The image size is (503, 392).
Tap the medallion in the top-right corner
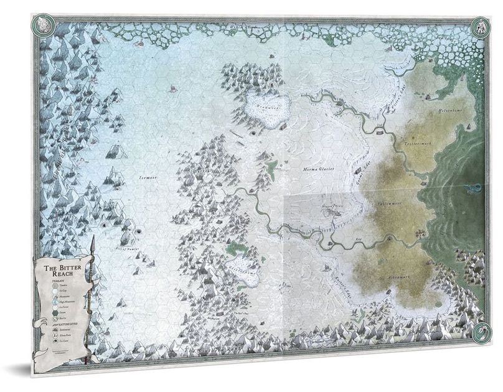pos(480,27)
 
